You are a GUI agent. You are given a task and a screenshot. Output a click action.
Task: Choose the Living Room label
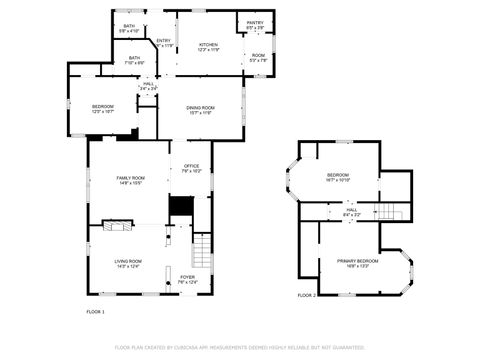[x=127, y=263]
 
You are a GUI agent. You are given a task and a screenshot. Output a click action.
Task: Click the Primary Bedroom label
[x=352, y=262]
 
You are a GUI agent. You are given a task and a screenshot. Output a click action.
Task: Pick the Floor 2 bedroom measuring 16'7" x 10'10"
[x=337, y=177]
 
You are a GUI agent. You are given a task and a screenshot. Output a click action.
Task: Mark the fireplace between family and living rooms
[x=112, y=226]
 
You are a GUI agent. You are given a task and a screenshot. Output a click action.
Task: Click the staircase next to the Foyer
[x=203, y=250]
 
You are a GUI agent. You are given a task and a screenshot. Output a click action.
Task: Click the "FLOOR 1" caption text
[x=96, y=312]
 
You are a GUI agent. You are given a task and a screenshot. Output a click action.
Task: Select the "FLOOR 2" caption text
[x=306, y=296]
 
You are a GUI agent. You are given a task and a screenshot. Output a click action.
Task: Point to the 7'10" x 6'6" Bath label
[x=134, y=60]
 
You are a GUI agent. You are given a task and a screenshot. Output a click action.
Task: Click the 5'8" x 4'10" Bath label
[x=129, y=28]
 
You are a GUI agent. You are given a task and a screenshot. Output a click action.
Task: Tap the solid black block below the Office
[x=180, y=206]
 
